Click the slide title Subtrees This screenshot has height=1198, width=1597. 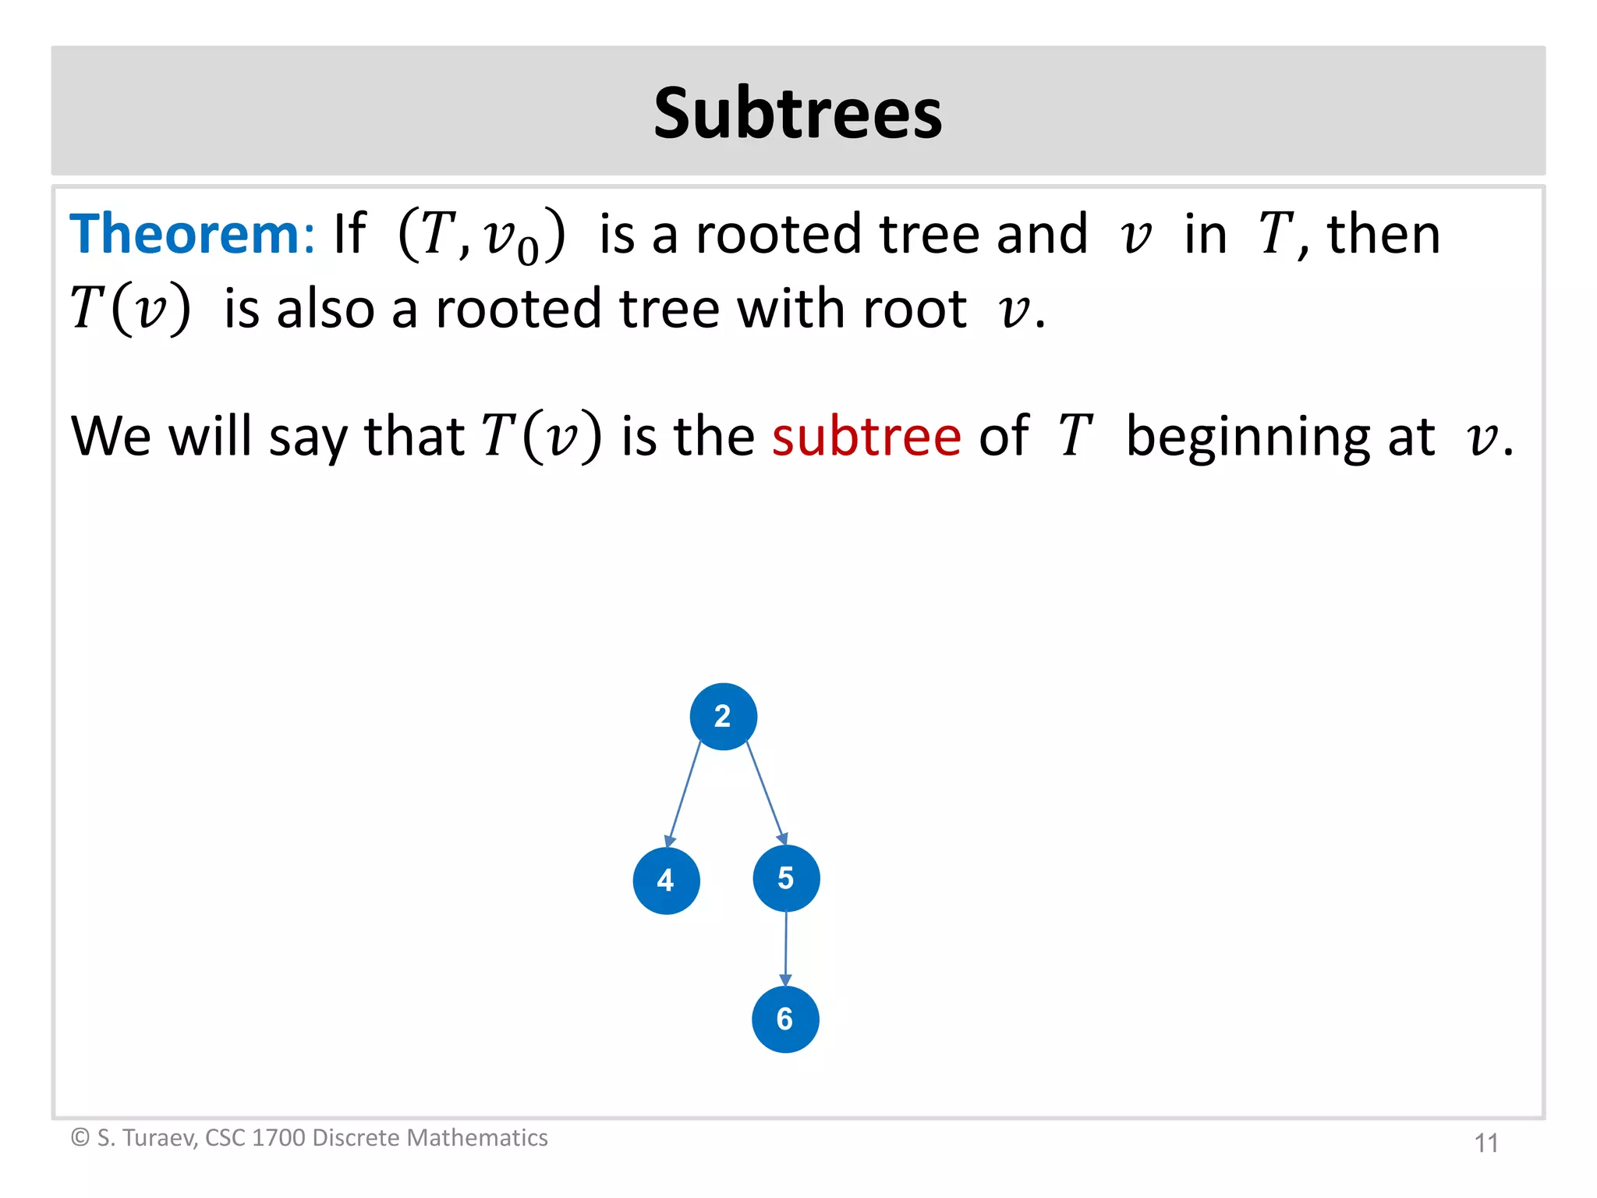pyautogui.click(x=798, y=113)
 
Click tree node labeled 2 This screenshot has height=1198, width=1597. pyautogui.click(x=723, y=717)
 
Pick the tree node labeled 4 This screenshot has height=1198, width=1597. pyautogui.click(x=666, y=881)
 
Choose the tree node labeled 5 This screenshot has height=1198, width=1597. pyautogui.click(x=786, y=879)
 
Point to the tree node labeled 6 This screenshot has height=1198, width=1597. pyautogui.click(x=785, y=1019)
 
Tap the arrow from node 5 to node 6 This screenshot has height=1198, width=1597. pyautogui.click(x=786, y=948)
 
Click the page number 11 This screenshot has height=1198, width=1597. pyautogui.click(x=1486, y=1143)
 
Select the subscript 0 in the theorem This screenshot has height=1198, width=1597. pyautogui.click(x=528, y=252)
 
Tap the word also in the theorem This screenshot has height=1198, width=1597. pyautogui.click(x=325, y=309)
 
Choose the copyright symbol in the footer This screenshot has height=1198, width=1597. pyautogui.click(x=80, y=1138)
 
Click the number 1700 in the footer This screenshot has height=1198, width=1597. pyautogui.click(x=278, y=1138)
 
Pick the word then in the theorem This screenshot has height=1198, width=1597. pyautogui.click(x=1383, y=234)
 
